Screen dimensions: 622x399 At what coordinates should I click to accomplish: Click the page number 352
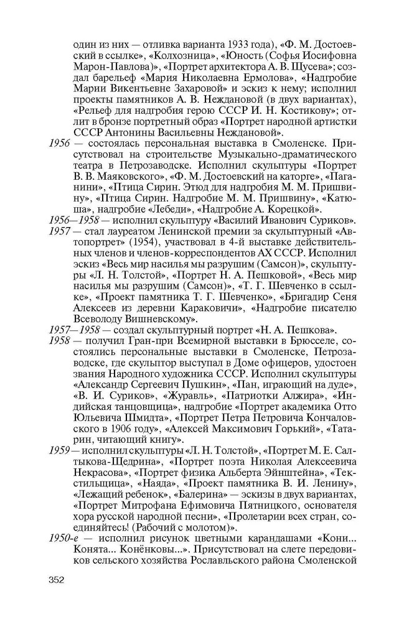56,580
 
